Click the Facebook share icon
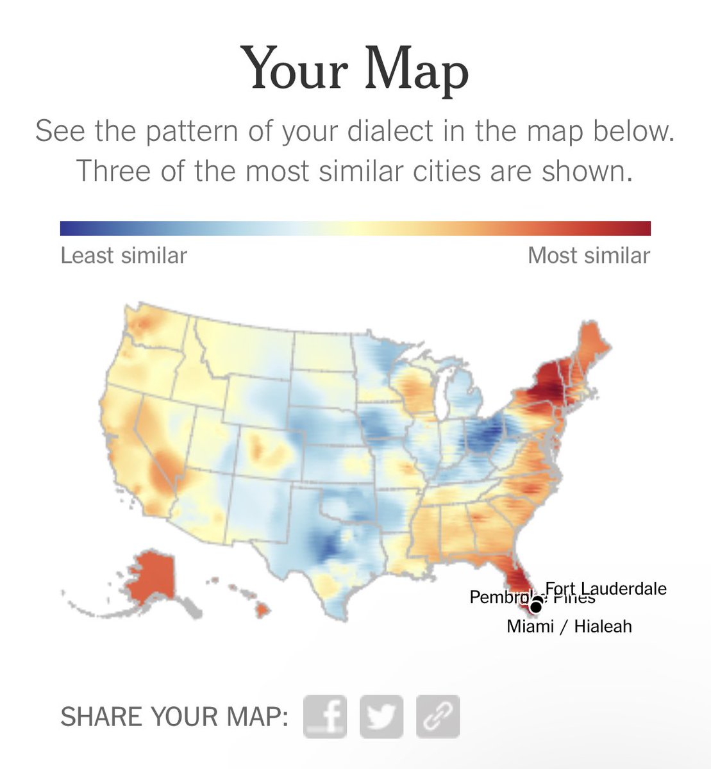click(x=325, y=716)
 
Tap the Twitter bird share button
click(x=381, y=716)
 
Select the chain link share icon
click(x=438, y=716)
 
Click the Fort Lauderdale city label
click(x=606, y=588)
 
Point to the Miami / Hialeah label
click(x=569, y=626)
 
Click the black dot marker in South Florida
click(x=536, y=606)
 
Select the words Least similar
click(x=124, y=256)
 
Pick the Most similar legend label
click(x=589, y=256)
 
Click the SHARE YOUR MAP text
click(x=174, y=716)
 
